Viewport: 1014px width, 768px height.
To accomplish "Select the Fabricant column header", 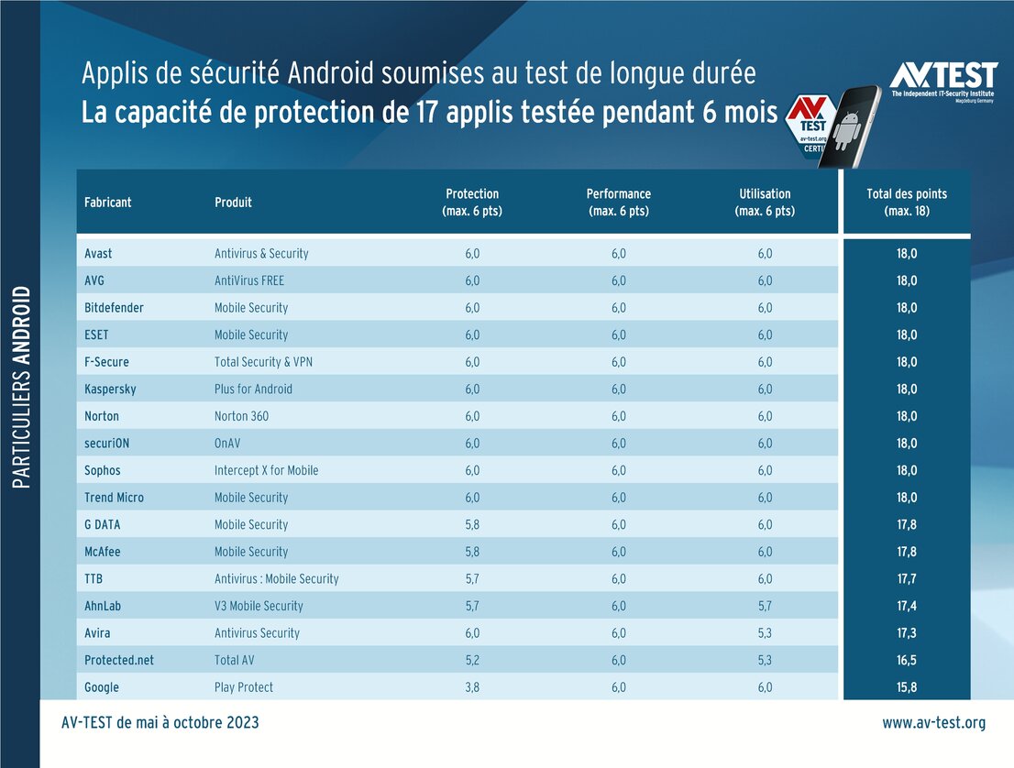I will click(x=107, y=203).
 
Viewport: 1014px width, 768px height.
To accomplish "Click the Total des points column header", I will click(x=906, y=203).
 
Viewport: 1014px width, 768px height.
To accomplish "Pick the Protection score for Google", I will click(x=472, y=687).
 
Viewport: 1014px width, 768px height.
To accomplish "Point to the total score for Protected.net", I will click(x=906, y=660).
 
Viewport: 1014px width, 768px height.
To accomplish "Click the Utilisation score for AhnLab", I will click(x=765, y=606).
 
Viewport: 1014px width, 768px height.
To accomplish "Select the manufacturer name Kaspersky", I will click(x=110, y=389).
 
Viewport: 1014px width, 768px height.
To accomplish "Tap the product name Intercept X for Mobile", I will click(x=266, y=470).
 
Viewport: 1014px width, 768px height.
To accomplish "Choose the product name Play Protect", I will click(x=244, y=687).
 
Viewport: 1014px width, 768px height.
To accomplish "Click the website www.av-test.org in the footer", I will click(x=933, y=723).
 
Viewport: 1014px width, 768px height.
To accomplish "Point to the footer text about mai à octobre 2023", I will click(x=160, y=723).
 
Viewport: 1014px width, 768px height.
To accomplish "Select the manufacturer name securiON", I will click(x=108, y=443).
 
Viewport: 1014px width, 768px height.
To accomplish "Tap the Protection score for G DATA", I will click(x=472, y=524).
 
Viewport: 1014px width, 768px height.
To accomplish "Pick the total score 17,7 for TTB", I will click(x=906, y=578).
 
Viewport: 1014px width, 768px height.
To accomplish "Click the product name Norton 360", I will click(x=241, y=416).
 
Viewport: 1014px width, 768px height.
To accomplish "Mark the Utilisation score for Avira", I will click(x=765, y=633).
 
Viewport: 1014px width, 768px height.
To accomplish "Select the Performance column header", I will click(x=618, y=203).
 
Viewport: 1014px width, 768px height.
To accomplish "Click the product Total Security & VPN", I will click(x=263, y=362).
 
